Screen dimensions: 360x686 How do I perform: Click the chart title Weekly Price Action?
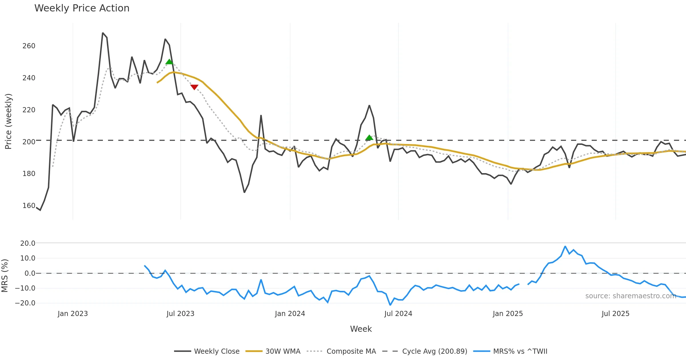point(82,8)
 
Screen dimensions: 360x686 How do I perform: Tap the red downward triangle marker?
point(194,87)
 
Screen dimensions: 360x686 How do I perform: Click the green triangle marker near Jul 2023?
point(169,62)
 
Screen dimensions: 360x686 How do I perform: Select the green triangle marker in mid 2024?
point(369,138)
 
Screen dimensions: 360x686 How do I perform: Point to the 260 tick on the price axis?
point(29,46)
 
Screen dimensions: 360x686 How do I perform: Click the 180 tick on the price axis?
point(29,174)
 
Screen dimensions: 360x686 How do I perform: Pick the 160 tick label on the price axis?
point(29,206)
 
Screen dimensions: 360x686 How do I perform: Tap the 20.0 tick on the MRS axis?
point(28,243)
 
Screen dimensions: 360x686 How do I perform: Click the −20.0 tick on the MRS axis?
point(25,303)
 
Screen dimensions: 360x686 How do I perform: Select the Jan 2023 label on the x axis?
point(73,314)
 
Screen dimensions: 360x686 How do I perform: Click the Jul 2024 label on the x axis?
point(398,314)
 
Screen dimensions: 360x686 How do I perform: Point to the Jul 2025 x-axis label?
point(615,314)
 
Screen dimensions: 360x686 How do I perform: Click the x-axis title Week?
point(361,329)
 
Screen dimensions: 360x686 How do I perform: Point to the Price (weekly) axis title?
point(8,121)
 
